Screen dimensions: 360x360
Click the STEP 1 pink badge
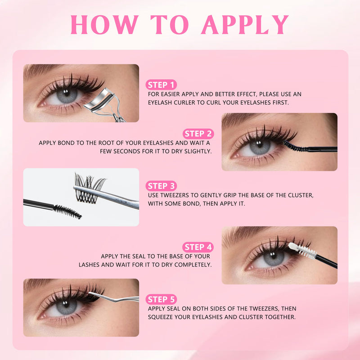pyautogui.click(x=161, y=85)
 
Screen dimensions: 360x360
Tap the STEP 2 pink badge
pyautogui.click(x=198, y=134)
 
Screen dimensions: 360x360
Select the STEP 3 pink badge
pyautogui.click(x=161, y=186)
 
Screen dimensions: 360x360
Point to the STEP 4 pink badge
pyautogui.click(x=198, y=247)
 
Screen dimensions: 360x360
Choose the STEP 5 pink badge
pyautogui.click(x=161, y=299)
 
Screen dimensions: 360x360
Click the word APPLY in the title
pyautogui.click(x=245, y=25)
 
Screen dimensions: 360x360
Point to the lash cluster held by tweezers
pyautogui.click(x=89, y=188)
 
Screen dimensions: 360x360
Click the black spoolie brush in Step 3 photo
pyautogui.click(x=67, y=211)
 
